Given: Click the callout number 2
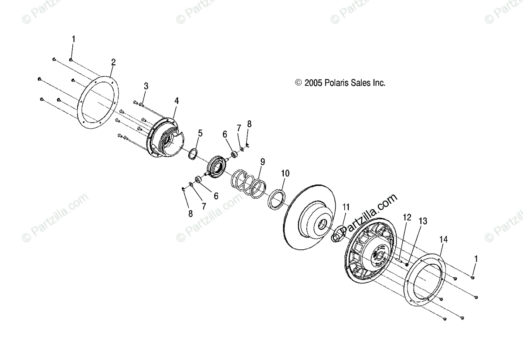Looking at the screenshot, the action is [113, 62].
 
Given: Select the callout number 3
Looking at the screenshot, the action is [146, 86].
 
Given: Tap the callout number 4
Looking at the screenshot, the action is [176, 101].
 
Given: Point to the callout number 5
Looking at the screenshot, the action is [200, 133].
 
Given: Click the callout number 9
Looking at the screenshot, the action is [262, 162].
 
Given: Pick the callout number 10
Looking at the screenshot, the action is [285, 173].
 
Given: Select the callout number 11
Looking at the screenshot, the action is [346, 207].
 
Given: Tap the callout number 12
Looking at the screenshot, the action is [407, 217].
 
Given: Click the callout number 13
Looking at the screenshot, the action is [423, 221].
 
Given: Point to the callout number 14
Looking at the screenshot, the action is [443, 239].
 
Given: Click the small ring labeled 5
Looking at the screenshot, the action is [193, 154].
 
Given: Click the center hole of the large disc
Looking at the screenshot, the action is [323, 225].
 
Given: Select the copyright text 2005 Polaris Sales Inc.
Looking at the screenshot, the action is [340, 83].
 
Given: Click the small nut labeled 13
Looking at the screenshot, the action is [406, 263].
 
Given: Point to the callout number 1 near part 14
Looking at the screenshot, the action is [476, 258].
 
